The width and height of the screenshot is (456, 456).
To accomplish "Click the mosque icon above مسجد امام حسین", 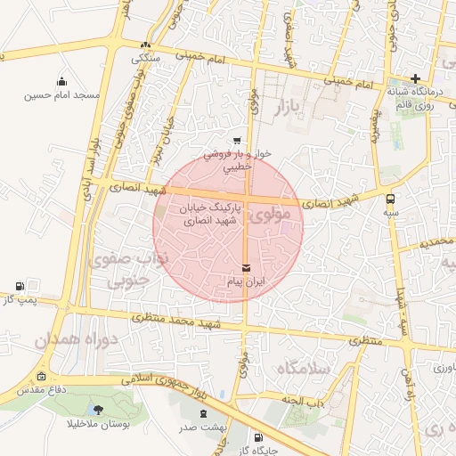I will tap(61, 82).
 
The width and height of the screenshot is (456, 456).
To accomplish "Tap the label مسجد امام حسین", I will tap(61, 94).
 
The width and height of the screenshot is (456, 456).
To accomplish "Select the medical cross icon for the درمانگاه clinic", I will tap(415, 78).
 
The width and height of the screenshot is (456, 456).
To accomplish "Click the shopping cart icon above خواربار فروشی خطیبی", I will tap(236, 141).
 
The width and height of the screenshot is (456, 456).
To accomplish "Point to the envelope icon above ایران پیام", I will tap(247, 268).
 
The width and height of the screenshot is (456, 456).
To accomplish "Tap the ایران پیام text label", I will tap(247, 281).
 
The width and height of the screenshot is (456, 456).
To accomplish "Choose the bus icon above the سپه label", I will tap(391, 199).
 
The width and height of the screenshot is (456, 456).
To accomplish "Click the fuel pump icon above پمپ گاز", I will tap(20, 287).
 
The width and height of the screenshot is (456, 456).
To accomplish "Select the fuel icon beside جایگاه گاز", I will tap(258, 437).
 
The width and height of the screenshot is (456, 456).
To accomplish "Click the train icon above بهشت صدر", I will tap(204, 414).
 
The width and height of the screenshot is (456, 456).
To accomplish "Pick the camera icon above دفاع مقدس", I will tap(41, 378).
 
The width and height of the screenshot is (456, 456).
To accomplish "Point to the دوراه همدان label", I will tap(71, 340).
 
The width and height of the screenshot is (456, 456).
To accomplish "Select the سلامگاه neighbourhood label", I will tap(303, 368).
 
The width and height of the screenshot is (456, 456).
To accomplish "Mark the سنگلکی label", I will tap(145, 59).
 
